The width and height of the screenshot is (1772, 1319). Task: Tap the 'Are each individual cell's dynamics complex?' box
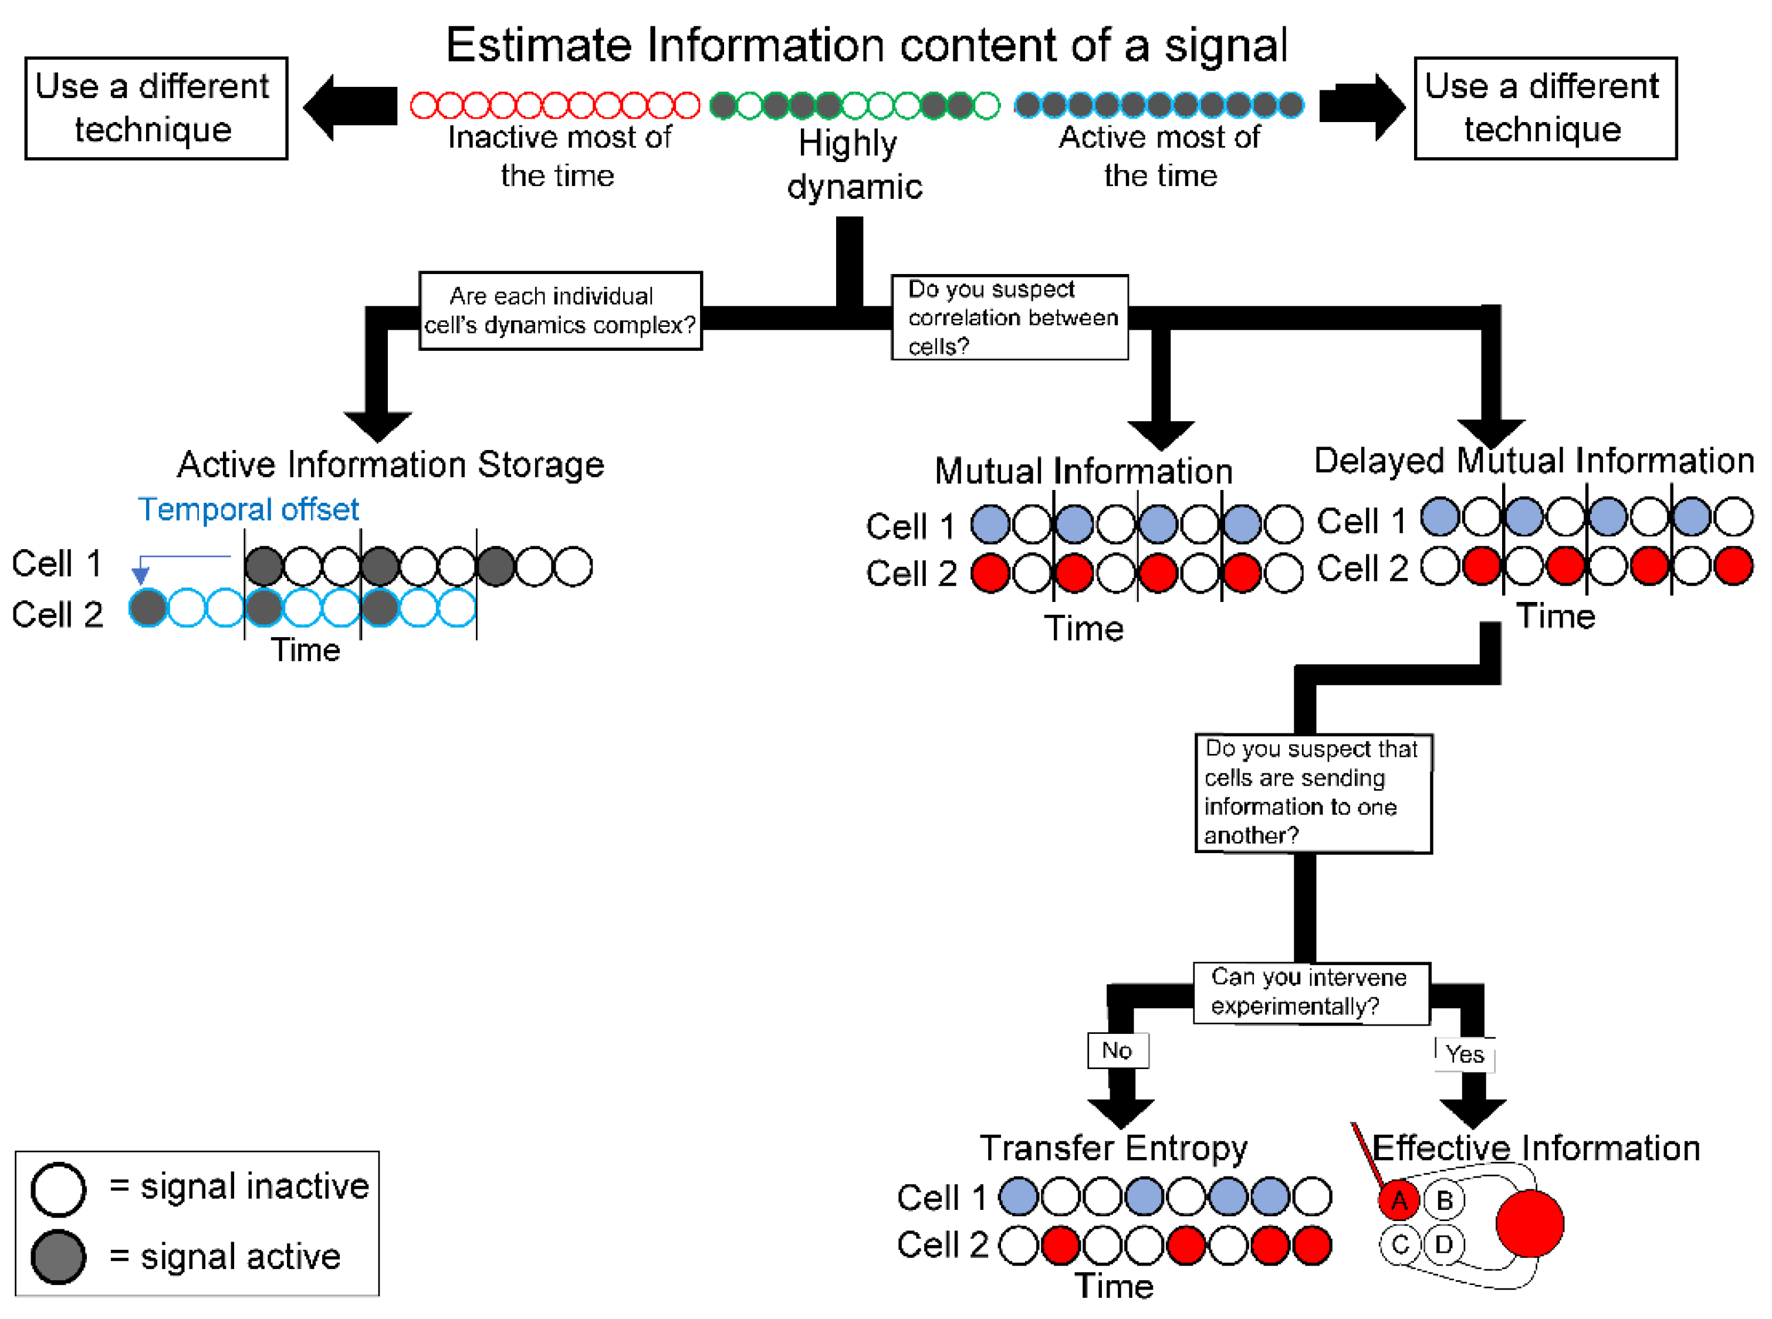560,310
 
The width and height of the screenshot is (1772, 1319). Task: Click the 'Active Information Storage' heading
391,464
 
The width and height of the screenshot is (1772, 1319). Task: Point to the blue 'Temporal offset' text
248,509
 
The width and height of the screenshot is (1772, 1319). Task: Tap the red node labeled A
1398,1199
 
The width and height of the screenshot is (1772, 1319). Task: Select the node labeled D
1444,1244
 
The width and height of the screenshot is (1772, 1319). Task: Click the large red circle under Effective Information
1529,1223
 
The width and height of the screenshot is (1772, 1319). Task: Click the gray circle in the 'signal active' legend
58,1257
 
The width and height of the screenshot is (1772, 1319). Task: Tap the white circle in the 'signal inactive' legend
58,1188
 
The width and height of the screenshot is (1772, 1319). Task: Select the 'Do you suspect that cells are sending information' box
1312,793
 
